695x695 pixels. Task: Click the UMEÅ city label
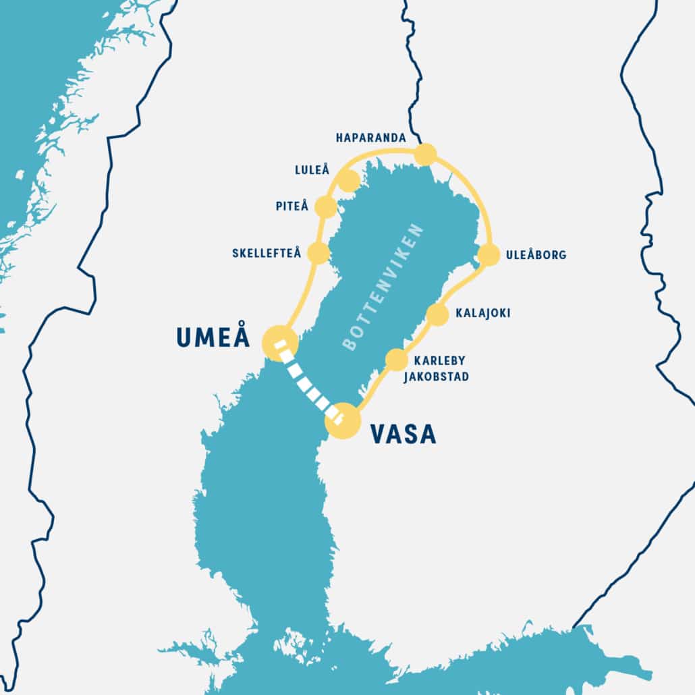click(x=213, y=337)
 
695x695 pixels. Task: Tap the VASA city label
click(x=404, y=434)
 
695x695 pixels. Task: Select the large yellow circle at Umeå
click(x=279, y=342)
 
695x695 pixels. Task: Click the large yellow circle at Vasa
click(x=343, y=421)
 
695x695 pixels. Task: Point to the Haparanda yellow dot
click(x=425, y=155)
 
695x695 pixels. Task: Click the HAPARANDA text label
click(x=371, y=138)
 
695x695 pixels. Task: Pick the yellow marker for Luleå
click(x=348, y=181)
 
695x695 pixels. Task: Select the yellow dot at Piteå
click(x=325, y=207)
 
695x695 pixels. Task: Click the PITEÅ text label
click(x=291, y=206)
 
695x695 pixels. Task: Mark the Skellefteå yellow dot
click(x=318, y=253)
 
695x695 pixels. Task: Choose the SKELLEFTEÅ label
click(x=267, y=254)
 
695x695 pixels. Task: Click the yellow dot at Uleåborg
click(x=489, y=254)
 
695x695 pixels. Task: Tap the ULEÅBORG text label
click(x=536, y=255)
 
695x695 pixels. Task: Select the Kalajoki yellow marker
click(x=437, y=314)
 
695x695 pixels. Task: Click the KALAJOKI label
click(x=482, y=313)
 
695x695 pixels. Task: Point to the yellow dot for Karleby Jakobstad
click(x=396, y=360)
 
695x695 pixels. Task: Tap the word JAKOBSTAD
click(x=436, y=377)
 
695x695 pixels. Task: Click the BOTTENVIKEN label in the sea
click(x=383, y=287)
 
